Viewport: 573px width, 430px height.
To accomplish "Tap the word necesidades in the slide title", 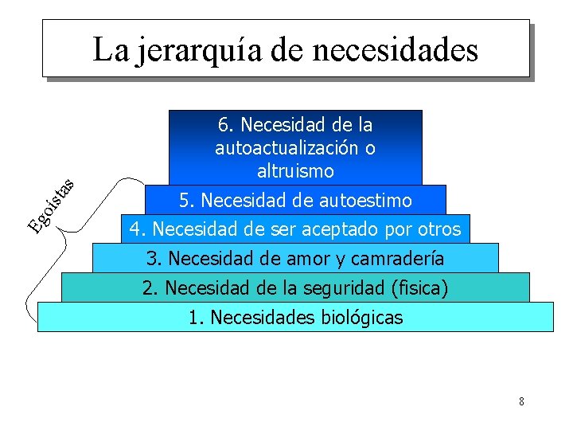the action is click(x=396, y=49).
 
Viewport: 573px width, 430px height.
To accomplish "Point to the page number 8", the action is click(x=521, y=401).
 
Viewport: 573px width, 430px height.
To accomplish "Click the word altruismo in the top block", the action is click(x=295, y=171).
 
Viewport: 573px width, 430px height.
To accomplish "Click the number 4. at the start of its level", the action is click(x=138, y=230).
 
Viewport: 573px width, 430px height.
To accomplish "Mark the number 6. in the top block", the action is click(x=226, y=125).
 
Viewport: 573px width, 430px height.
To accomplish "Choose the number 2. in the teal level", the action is click(x=150, y=287).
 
